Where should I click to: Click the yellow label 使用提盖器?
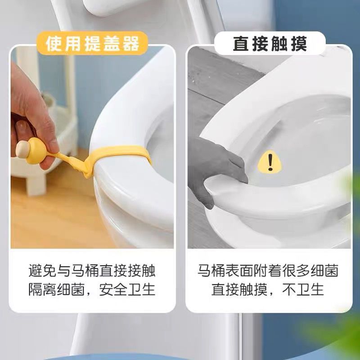[92, 44]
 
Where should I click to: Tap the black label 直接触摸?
[270, 44]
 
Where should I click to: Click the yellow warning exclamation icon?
[270, 162]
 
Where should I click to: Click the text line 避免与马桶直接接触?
[92, 271]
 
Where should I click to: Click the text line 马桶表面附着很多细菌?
[269, 271]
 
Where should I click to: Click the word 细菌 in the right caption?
[323, 271]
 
